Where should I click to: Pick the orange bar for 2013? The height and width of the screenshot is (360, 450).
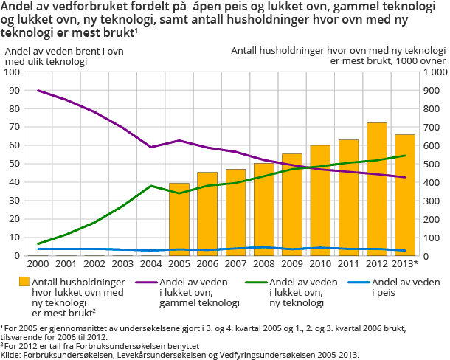[x=405, y=195]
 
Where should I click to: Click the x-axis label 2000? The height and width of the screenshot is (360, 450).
[x=38, y=263]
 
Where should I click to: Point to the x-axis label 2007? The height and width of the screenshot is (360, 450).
[x=235, y=263]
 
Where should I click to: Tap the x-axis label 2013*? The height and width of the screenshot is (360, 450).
[x=406, y=263]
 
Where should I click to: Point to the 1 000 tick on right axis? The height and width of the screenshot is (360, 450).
[x=432, y=72]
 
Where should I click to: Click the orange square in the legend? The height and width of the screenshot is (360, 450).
[x=24, y=281]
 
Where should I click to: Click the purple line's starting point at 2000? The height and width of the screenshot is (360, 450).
[x=38, y=91]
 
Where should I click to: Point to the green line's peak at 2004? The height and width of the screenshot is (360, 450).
[x=150, y=186]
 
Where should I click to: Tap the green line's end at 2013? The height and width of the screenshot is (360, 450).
[x=405, y=156]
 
